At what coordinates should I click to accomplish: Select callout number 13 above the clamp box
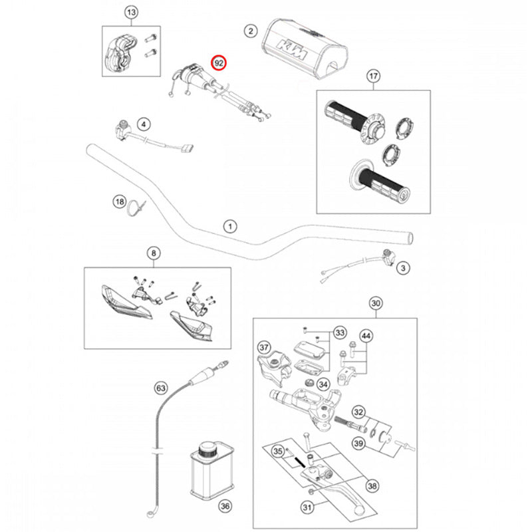click(131, 13)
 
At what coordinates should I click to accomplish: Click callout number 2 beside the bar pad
click(250, 31)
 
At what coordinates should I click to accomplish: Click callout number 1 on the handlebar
click(229, 226)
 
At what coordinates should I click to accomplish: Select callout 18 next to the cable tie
click(120, 201)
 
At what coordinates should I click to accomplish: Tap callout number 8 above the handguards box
click(154, 253)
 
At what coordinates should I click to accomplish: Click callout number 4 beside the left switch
click(144, 123)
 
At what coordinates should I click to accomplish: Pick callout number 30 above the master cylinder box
click(376, 305)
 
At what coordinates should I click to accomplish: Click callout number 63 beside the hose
click(160, 386)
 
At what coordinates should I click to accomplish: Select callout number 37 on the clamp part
click(264, 348)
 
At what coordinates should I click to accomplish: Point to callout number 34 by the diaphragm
click(323, 384)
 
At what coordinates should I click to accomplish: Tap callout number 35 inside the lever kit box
click(279, 451)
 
